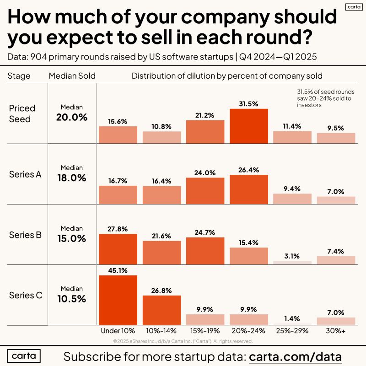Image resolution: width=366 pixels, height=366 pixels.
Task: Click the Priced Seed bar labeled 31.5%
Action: [248, 126]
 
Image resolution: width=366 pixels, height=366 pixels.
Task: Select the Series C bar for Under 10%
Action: [118, 300]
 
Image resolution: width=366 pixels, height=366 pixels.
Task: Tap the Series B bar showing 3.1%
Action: [292, 263]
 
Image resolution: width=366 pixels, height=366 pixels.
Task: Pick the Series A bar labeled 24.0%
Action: [205, 191]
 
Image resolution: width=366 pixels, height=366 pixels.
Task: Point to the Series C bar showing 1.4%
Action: [292, 324]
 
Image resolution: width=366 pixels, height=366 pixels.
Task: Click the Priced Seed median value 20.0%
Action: [71, 117]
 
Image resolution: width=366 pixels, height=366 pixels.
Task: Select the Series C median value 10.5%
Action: [71, 298]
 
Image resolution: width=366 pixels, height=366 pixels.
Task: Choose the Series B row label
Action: [26, 235]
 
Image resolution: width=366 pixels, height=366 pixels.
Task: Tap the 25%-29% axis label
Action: [292, 331]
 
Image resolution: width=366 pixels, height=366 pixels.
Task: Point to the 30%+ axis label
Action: [336, 331]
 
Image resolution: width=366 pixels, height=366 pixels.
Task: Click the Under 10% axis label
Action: [118, 331]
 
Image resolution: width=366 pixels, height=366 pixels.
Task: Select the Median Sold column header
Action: [72, 76]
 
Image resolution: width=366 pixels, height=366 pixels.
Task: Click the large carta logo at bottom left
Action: [24, 356]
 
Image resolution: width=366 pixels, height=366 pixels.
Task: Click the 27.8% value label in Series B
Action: [118, 228]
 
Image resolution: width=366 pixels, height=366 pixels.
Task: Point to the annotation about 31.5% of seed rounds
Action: [325, 98]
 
